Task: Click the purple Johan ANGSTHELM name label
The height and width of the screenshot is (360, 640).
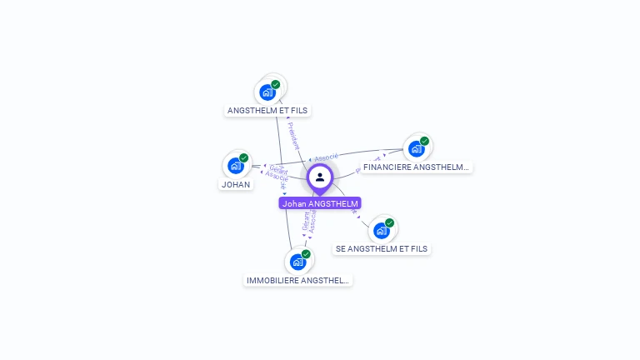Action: point(320,203)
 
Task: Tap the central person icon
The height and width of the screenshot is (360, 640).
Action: point(320,177)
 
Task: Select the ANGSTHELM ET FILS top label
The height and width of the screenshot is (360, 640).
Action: point(268,110)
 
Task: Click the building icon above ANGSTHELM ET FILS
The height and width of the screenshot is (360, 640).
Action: point(267,92)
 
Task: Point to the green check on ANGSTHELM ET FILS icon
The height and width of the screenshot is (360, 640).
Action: point(276,84)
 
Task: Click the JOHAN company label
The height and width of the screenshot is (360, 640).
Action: point(236,184)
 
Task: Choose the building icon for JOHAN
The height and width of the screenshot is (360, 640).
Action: point(236,165)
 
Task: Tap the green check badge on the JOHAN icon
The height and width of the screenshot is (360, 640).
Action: point(244,157)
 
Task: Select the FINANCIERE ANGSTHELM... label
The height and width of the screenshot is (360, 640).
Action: point(416,167)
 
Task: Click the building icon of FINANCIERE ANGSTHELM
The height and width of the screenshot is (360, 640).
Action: point(416,148)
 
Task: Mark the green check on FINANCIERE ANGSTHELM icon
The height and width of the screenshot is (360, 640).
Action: point(424,141)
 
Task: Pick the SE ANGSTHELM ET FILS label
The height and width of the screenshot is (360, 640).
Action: point(382,248)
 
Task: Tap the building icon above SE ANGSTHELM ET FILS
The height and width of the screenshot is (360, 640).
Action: point(381,230)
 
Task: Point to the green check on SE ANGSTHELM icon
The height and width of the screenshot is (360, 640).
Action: point(389,222)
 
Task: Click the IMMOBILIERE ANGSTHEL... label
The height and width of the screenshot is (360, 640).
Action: point(297,280)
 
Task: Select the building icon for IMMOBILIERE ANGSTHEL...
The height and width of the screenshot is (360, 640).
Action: point(297,262)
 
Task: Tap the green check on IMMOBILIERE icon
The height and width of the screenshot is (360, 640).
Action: point(306,254)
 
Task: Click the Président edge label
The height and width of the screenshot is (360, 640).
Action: point(292,136)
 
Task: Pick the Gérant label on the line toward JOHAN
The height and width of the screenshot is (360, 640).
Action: point(278,170)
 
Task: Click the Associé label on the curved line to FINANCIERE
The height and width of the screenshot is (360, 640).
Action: point(326,155)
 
